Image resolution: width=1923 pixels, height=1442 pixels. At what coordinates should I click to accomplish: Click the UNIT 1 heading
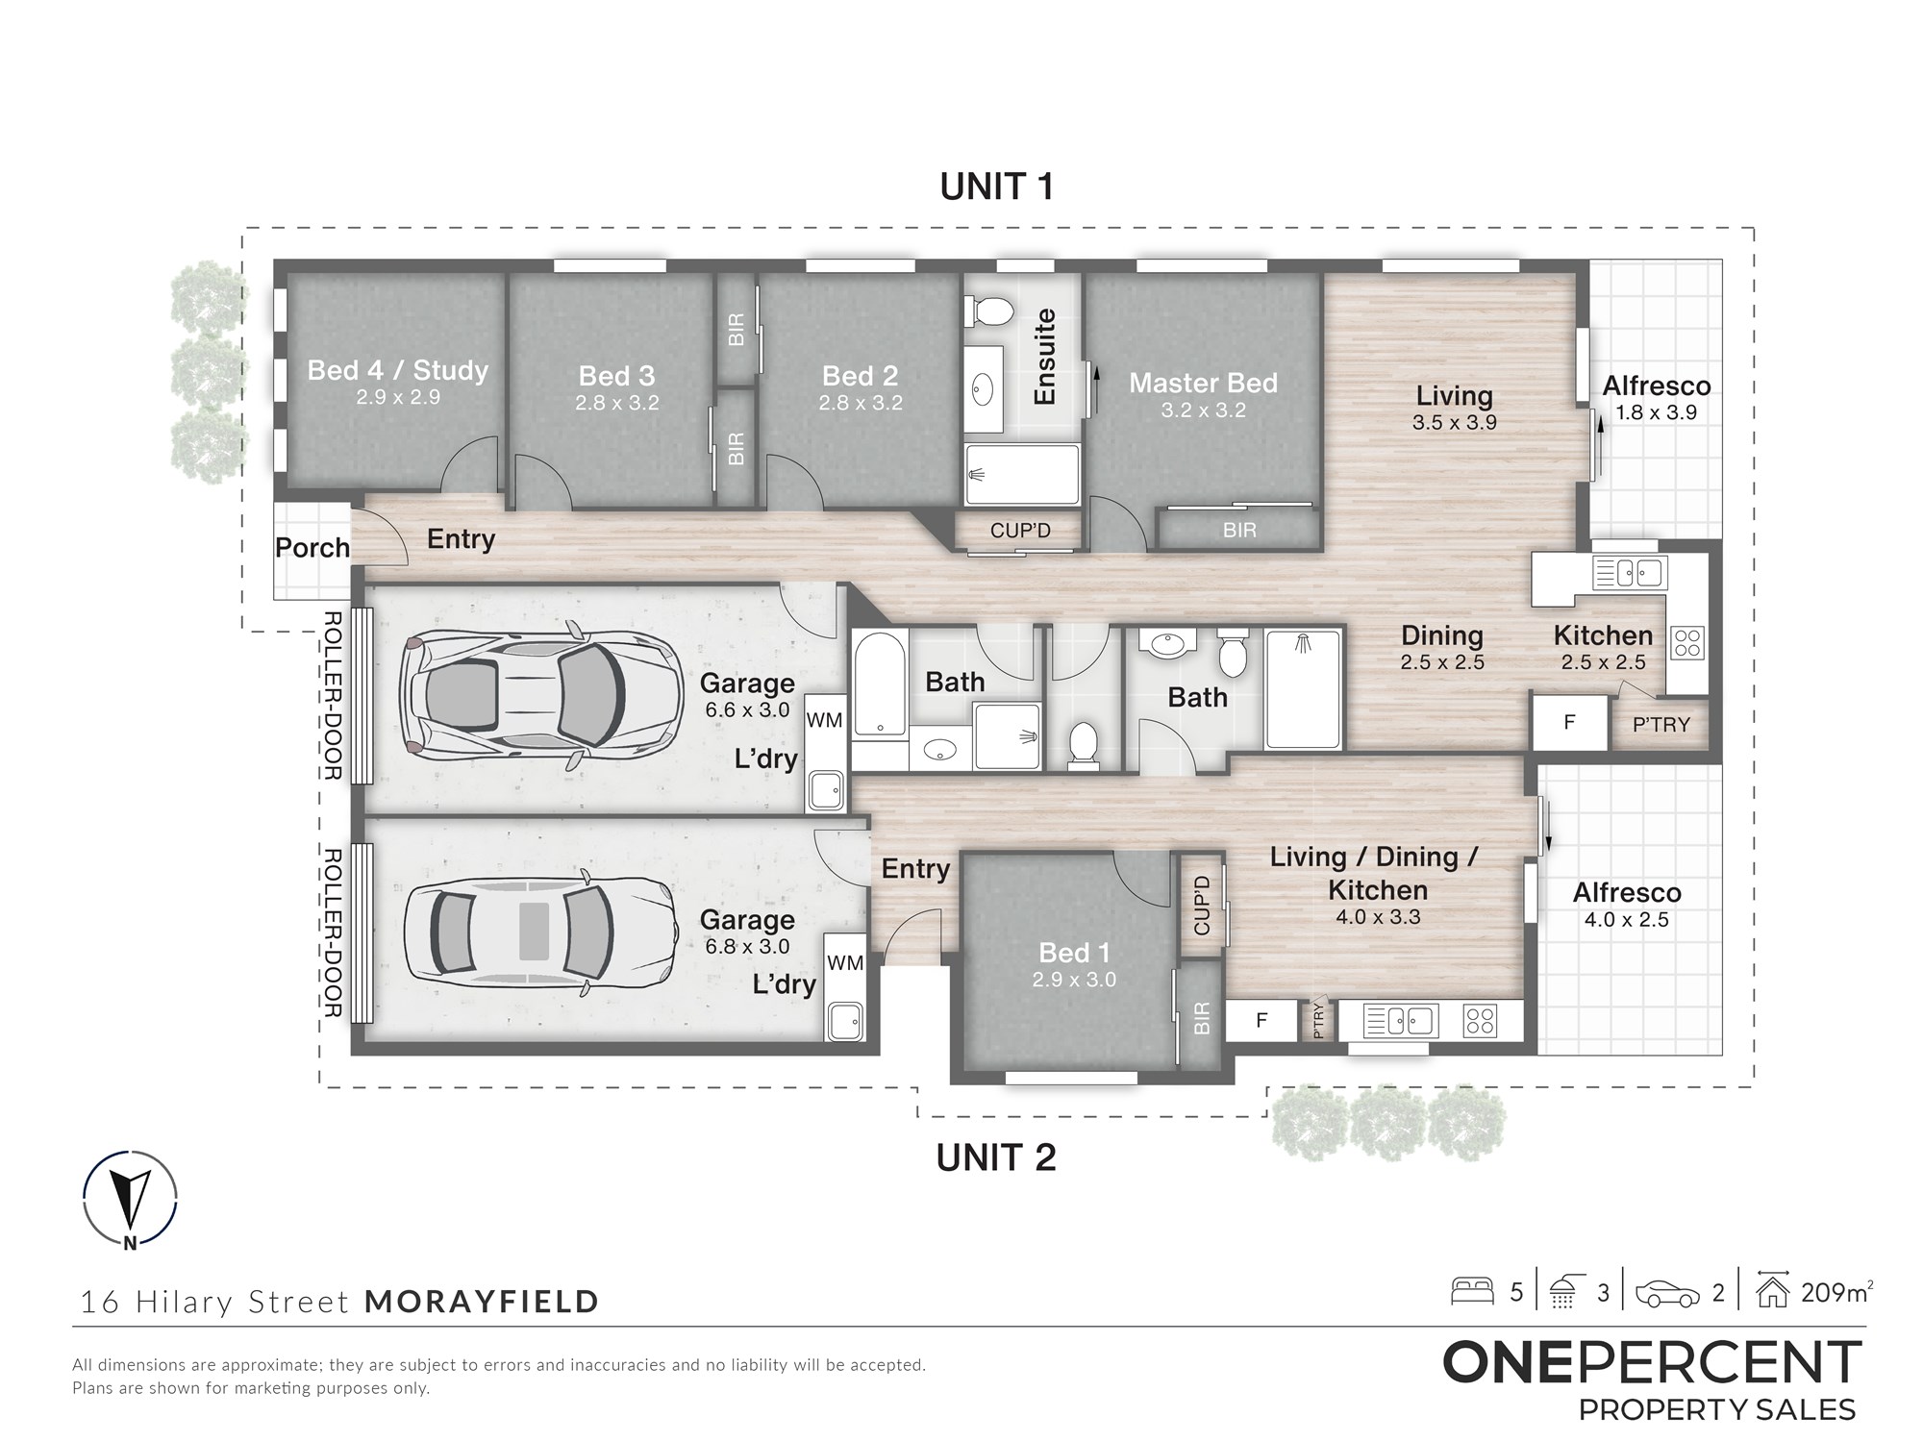[x=996, y=186]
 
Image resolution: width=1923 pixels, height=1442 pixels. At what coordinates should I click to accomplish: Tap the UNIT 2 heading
[x=996, y=1157]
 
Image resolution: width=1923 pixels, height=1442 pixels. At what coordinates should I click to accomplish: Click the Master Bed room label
[x=1203, y=383]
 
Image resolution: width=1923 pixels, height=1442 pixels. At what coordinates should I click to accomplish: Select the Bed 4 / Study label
[x=397, y=370]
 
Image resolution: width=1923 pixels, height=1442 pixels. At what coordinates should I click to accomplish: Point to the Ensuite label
[x=1044, y=357]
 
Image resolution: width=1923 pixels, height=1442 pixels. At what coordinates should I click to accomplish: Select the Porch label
[x=312, y=548]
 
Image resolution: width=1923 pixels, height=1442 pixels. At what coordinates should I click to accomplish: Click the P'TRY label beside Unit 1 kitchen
[x=1661, y=725]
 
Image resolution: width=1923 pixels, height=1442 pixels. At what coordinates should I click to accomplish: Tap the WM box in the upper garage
[x=824, y=720]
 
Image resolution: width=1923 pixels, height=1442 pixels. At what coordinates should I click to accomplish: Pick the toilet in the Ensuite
[x=988, y=311]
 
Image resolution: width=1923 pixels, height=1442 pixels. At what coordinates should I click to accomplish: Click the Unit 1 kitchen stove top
[x=1687, y=642]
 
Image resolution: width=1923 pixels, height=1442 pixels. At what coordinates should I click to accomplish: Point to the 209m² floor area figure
[x=1836, y=1292]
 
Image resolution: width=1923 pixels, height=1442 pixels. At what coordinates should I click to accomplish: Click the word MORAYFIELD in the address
[x=482, y=1302]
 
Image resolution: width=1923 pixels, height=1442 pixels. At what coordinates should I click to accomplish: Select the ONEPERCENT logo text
[x=1652, y=1362]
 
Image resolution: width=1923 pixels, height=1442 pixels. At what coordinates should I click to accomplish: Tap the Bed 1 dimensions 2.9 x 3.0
[x=1074, y=980]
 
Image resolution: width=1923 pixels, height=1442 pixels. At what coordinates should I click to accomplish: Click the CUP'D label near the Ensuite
[x=1020, y=531]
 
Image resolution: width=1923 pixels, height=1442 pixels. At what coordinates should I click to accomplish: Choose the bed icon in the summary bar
[x=1471, y=1290]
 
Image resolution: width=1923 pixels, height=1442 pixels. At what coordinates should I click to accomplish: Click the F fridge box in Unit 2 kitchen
[x=1261, y=1021]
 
